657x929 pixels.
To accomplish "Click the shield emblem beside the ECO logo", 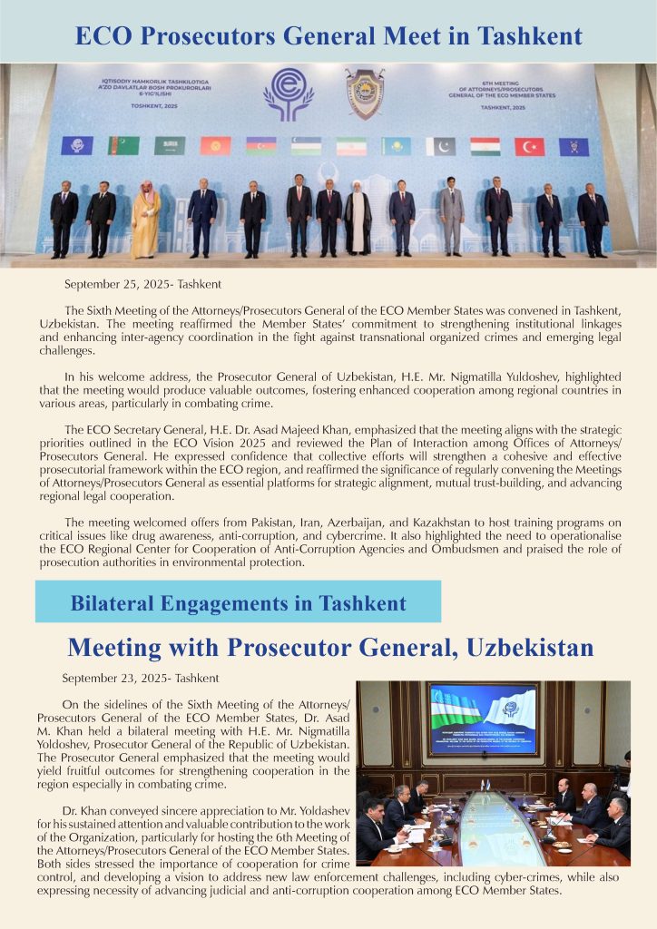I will pyautogui.click(x=365, y=93).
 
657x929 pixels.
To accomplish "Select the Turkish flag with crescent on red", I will pyautogui.click(x=529, y=146).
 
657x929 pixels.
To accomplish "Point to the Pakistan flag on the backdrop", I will pyautogui.click(x=440, y=146).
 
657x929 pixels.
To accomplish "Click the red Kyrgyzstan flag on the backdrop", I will pyautogui.click(x=215, y=145).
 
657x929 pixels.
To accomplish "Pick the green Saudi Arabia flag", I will pyautogui.click(x=170, y=145).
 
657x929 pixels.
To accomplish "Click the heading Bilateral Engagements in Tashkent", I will pyautogui.click(x=238, y=602).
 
